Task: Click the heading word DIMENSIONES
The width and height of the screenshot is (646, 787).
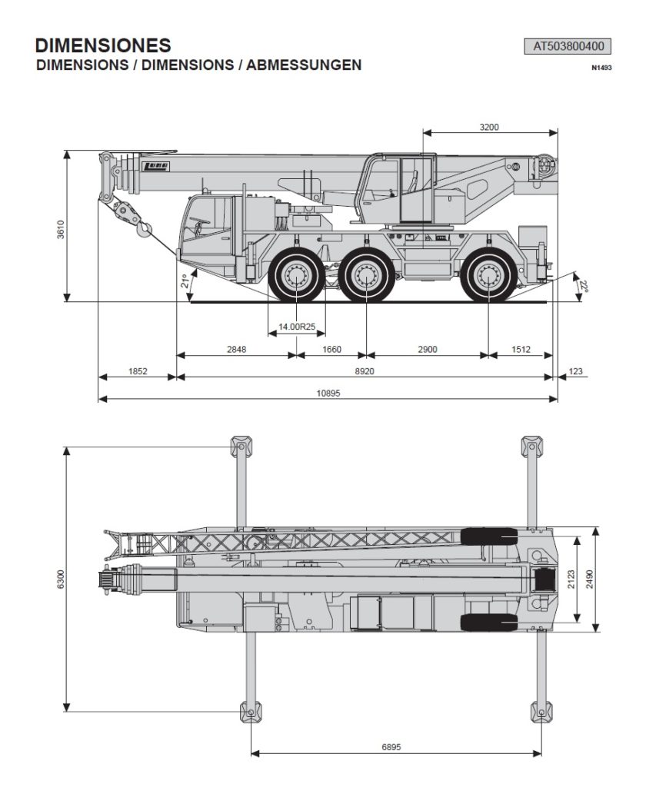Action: coord(103,45)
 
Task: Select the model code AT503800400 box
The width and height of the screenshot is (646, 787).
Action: coord(568,47)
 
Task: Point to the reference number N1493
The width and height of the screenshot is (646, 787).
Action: coord(602,68)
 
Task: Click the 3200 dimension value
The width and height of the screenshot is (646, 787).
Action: coord(489,127)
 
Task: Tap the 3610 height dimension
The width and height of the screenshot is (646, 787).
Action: coord(61,229)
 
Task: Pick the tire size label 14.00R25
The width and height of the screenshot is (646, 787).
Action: coord(297,327)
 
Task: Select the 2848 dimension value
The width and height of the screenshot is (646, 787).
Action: coord(237,350)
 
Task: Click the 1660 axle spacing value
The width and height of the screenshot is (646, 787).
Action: coord(331,350)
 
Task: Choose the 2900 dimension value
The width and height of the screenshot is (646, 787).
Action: coord(428,350)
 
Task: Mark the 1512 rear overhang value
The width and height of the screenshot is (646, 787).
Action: coord(521,350)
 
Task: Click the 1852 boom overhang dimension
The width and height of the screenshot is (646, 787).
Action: coord(138,371)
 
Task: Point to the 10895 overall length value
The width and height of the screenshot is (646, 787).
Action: coord(328,393)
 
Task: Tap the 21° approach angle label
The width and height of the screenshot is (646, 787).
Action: coord(185,281)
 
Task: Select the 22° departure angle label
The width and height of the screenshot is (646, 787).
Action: coord(583,286)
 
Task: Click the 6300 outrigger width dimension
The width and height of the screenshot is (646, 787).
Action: coord(61,579)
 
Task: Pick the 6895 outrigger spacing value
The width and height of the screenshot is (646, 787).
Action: coord(391,747)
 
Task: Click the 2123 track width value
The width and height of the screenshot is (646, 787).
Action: coord(571,579)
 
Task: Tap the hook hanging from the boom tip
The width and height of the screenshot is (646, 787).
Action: coord(144,229)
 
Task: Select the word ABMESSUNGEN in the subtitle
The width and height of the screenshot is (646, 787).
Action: coord(304,65)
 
